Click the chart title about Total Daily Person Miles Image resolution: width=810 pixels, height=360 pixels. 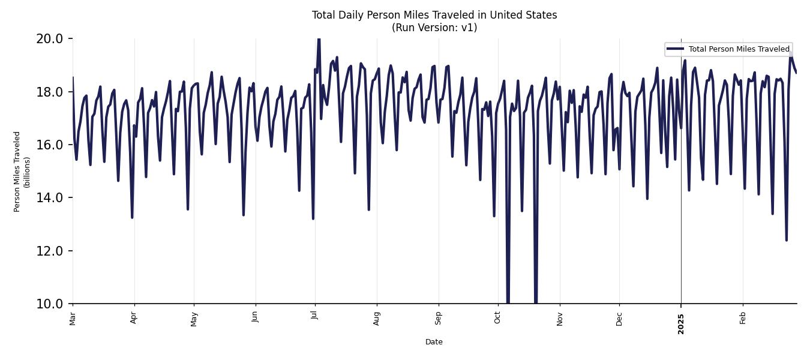pyautogui.click(x=434, y=15)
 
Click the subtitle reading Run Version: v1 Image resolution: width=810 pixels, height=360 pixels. pyautogui.click(x=434, y=28)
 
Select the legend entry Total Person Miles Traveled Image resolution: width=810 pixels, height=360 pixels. pyautogui.click(x=739, y=49)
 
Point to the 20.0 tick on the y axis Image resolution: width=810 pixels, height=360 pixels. pyautogui.click(x=50, y=39)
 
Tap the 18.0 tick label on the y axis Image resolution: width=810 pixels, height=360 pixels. pyautogui.click(x=50, y=92)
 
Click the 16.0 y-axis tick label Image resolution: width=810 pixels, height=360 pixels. pyautogui.click(x=50, y=145)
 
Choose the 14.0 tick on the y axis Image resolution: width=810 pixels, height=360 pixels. pyautogui.click(x=50, y=197)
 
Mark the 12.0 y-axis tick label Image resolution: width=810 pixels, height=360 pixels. pyautogui.click(x=50, y=251)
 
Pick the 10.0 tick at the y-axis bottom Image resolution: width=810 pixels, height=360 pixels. pyautogui.click(x=50, y=304)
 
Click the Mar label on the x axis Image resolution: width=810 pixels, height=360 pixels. pyautogui.click(x=73, y=317)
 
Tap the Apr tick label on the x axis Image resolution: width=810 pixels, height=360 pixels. pyautogui.click(x=134, y=317)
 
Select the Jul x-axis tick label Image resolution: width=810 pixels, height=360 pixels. pyautogui.click(x=314, y=316)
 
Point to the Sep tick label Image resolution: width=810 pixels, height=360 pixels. pyautogui.click(x=438, y=317)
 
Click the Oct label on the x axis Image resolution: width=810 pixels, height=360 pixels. pyautogui.click(x=497, y=317)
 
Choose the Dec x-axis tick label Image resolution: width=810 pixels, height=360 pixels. pyautogui.click(x=619, y=317)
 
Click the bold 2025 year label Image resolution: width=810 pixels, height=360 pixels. pyautogui.click(x=681, y=323)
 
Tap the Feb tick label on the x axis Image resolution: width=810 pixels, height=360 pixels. pyautogui.click(x=743, y=317)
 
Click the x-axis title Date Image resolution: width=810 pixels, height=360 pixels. pyautogui.click(x=434, y=342)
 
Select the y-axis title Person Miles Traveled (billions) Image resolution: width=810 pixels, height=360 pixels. pyautogui.click(x=22, y=172)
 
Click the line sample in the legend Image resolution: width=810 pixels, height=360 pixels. pyautogui.click(x=675, y=49)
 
